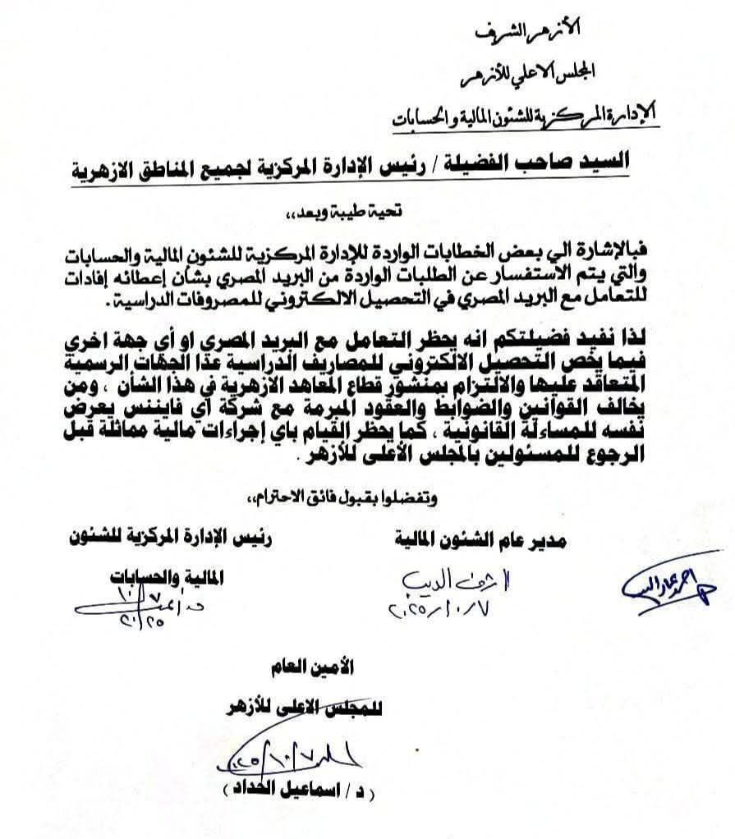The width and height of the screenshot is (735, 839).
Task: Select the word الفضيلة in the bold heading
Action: pyautogui.click(x=473, y=162)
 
